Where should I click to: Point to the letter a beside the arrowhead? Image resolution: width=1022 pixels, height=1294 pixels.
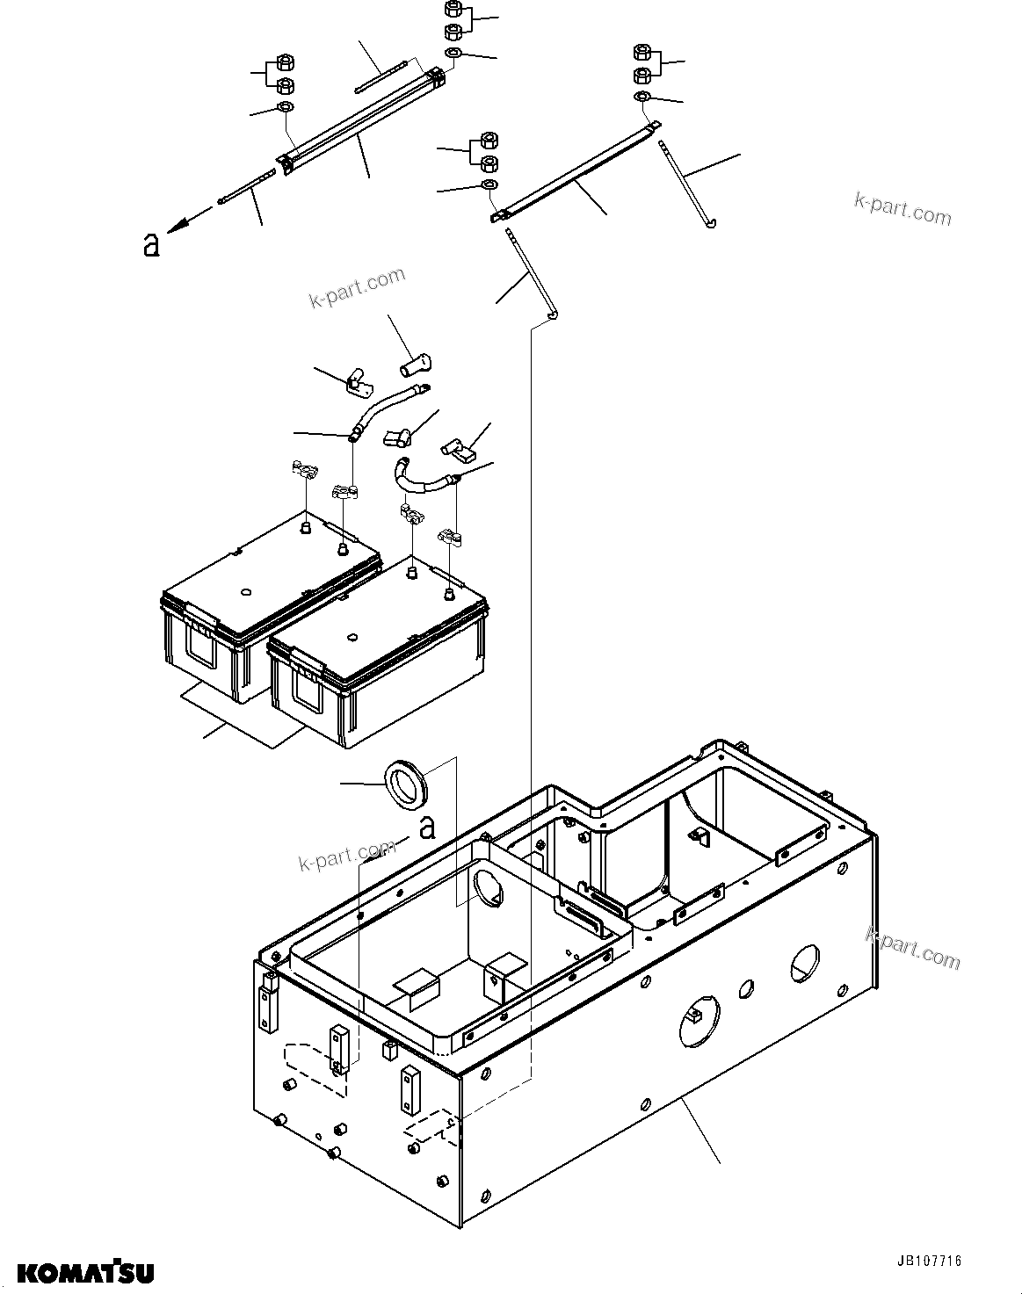151,245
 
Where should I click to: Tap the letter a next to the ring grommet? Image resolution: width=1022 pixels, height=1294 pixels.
428,828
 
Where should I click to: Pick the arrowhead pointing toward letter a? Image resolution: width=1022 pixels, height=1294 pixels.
178,227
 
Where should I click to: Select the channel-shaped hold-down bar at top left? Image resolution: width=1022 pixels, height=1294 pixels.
360,119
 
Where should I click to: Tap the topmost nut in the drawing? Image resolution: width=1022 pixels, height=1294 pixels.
455,11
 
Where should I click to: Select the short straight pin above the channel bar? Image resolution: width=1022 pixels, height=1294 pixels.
381,76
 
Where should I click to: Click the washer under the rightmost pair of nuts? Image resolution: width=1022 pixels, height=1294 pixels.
642,96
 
